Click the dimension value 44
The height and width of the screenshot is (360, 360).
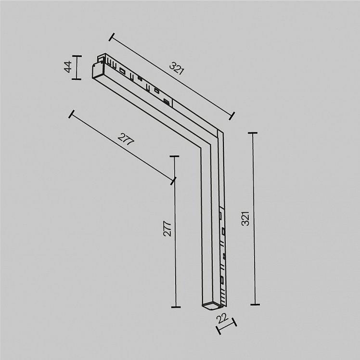[x=68, y=67]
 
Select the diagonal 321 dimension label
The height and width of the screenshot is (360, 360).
[x=177, y=68]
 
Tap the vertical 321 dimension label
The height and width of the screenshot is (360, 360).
[x=245, y=219]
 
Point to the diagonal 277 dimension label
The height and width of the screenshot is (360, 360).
[x=126, y=139]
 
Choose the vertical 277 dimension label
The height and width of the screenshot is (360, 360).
[x=167, y=229]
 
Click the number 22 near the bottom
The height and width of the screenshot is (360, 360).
[x=222, y=318]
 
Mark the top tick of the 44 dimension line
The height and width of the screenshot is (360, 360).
[x=77, y=56]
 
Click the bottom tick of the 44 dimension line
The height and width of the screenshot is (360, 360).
[x=77, y=79]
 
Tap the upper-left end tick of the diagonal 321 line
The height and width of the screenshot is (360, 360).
[x=112, y=37]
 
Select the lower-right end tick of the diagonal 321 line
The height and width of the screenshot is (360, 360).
[x=232, y=116]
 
